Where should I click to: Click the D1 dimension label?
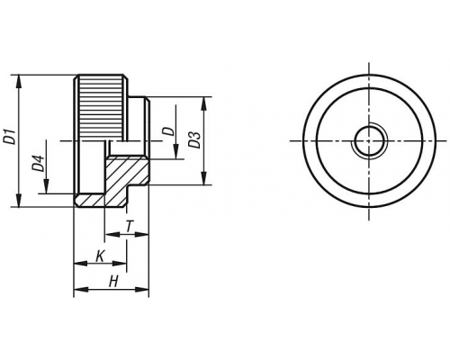coord(11,137)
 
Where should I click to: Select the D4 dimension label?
coord(38,164)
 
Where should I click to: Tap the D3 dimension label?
coord(194,139)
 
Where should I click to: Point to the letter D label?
coord(168,131)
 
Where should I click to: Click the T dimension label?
coord(129,227)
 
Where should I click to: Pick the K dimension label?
coord(100,256)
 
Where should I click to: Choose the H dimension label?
coord(113,282)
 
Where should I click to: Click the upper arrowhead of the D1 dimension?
coord(19,81)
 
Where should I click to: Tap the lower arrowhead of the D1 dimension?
coord(19,201)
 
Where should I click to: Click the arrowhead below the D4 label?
coord(46,186)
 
